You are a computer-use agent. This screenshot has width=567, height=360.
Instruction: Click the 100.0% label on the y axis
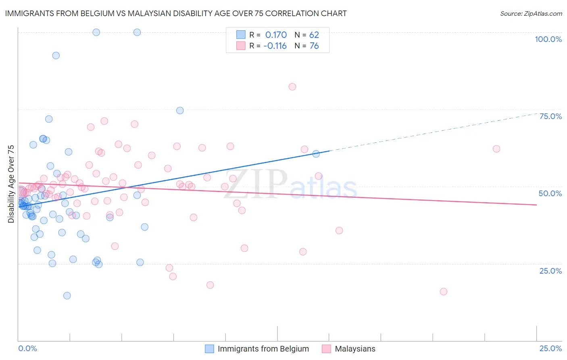click(548, 39)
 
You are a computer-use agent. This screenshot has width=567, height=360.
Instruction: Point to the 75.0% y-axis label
click(550, 116)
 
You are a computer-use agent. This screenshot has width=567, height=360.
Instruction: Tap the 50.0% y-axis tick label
click(550, 193)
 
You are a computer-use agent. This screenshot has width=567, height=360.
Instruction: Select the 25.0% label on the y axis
click(550, 271)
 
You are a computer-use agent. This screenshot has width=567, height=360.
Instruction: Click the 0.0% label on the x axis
click(27, 348)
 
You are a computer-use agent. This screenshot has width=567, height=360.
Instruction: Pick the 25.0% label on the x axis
click(550, 348)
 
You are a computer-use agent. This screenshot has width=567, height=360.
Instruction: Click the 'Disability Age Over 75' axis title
click(11, 184)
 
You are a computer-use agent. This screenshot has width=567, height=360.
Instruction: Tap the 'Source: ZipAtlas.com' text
click(531, 14)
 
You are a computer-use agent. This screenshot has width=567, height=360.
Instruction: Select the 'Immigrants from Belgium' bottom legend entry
click(263, 349)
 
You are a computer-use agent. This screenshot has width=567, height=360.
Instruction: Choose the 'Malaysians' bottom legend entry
click(355, 349)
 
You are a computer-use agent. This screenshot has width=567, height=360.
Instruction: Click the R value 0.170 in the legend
click(276, 35)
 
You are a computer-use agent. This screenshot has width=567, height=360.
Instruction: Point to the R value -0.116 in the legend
click(275, 46)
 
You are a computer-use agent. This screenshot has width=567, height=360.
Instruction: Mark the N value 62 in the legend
click(314, 35)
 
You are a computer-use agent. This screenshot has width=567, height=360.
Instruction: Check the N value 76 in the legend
click(314, 46)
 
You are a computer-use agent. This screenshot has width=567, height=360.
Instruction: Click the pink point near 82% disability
click(292, 87)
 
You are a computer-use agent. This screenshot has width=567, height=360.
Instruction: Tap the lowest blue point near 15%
click(67, 296)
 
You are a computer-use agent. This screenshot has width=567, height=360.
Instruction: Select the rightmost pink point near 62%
click(496, 149)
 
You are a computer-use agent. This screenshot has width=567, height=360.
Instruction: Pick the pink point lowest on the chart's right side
click(444, 292)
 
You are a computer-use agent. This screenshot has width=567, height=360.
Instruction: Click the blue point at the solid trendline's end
click(316, 154)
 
